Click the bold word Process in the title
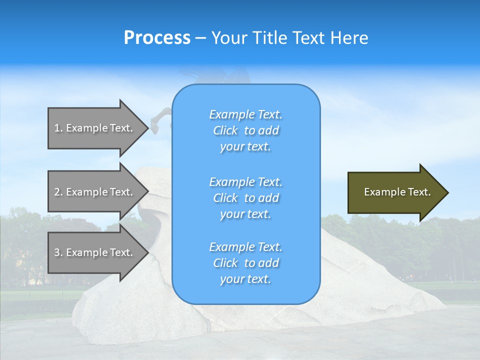(157, 38)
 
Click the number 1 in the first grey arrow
(57, 128)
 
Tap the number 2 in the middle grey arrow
(57, 192)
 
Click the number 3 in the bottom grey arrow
(57, 252)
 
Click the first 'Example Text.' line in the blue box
(245, 114)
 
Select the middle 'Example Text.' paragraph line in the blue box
(245, 181)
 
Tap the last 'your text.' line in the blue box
(245, 279)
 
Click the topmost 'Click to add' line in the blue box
(245, 130)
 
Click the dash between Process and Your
(200, 38)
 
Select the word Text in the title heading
(307, 38)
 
